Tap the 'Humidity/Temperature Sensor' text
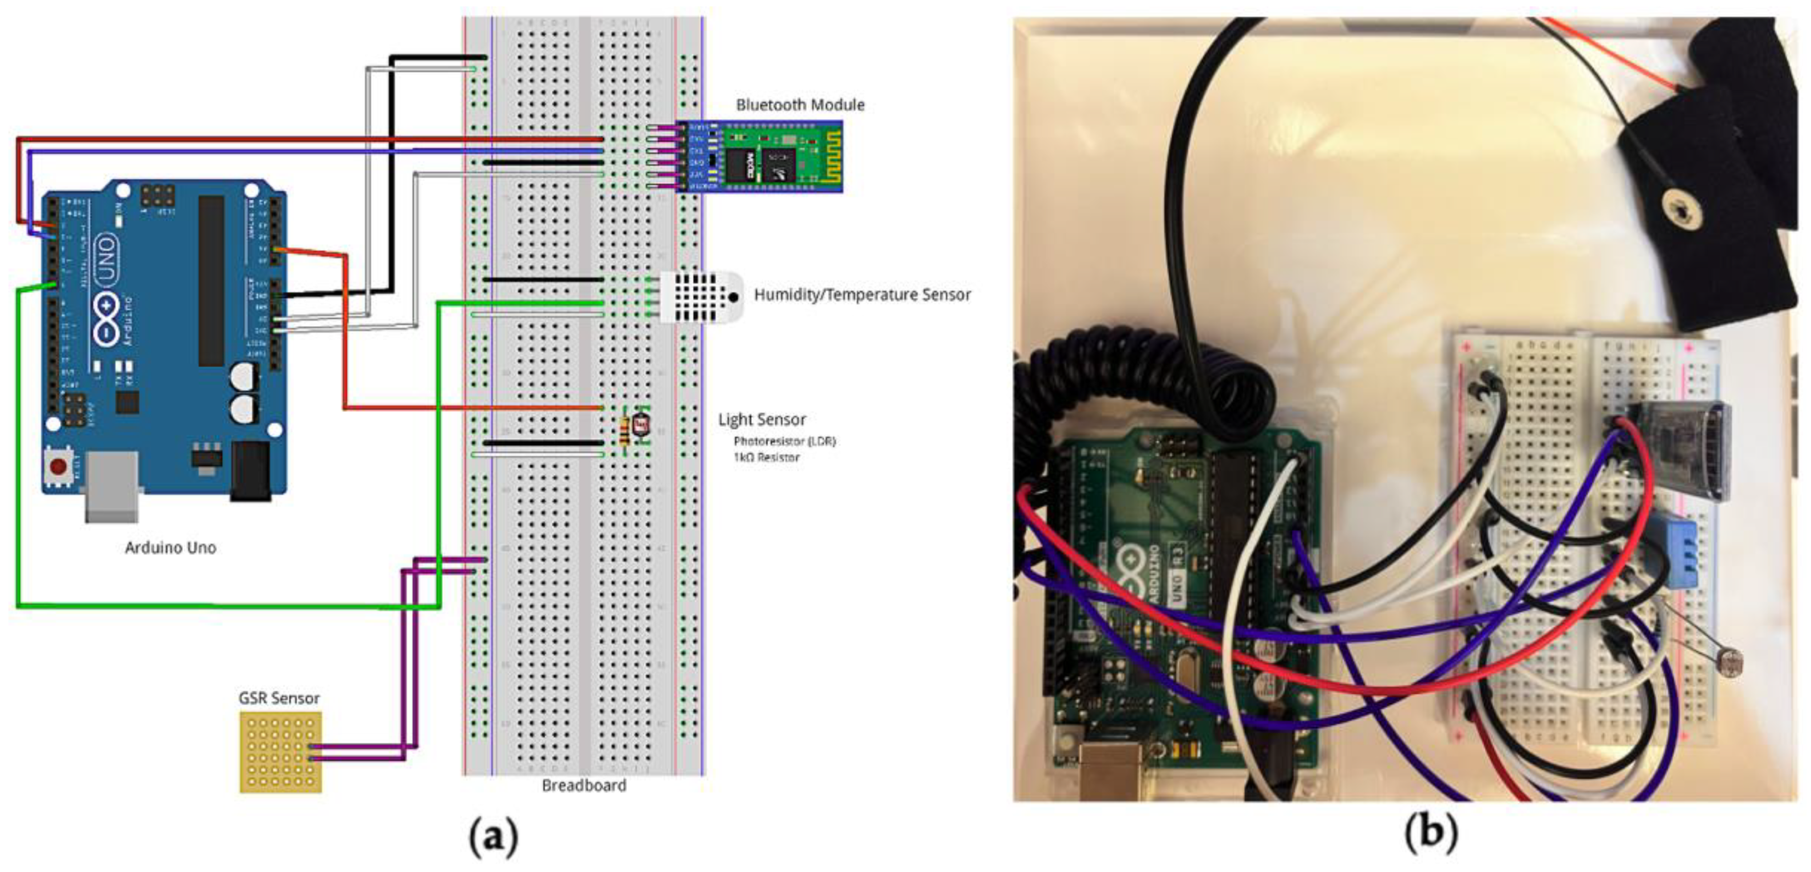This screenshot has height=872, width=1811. (x=862, y=295)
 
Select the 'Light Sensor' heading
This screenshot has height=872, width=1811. (x=761, y=420)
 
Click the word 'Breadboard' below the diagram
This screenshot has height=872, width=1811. (x=584, y=786)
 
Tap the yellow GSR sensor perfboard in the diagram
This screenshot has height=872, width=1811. (x=280, y=753)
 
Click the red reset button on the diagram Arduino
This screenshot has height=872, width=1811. (x=58, y=466)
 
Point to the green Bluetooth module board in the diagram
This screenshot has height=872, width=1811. (x=773, y=156)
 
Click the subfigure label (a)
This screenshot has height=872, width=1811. (x=493, y=837)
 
